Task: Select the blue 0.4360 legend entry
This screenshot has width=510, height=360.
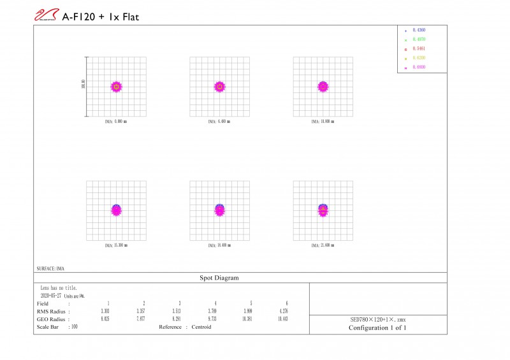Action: click(x=419, y=31)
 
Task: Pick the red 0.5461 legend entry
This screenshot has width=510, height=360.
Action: click(x=419, y=48)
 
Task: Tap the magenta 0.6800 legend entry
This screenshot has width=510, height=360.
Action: click(x=419, y=67)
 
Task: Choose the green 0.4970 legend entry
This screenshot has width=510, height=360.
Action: click(x=419, y=40)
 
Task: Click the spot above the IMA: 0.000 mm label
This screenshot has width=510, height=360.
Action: click(x=116, y=86)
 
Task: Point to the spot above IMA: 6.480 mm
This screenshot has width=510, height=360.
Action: click(x=220, y=86)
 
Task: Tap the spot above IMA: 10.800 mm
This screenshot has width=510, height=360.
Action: click(x=323, y=86)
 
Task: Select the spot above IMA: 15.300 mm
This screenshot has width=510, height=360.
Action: click(x=116, y=210)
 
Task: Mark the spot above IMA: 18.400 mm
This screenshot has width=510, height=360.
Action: click(x=220, y=210)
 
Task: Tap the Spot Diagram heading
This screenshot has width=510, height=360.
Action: click(x=220, y=278)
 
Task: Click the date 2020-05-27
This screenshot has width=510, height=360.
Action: click(x=50, y=296)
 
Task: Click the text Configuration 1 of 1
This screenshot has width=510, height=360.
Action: click(x=377, y=328)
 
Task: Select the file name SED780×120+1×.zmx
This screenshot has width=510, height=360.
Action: click(x=377, y=319)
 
